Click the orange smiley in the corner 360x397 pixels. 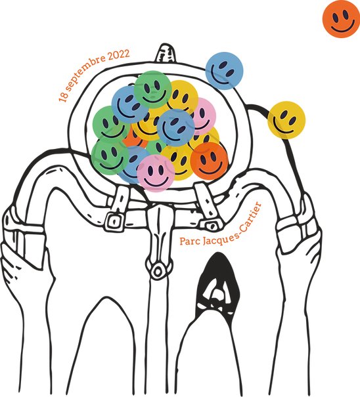[341, 19]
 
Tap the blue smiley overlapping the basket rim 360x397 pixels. [225, 71]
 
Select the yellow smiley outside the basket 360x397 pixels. [286, 120]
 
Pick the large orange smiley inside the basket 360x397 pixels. [210, 161]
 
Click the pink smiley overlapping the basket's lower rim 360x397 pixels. [156, 173]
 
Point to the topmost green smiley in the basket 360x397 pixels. [153, 89]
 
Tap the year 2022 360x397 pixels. [119, 55]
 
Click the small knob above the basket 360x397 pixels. [166, 52]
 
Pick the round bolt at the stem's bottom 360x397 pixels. [158, 272]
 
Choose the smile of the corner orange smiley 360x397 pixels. [342, 26]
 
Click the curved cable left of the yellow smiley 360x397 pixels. [259, 108]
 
